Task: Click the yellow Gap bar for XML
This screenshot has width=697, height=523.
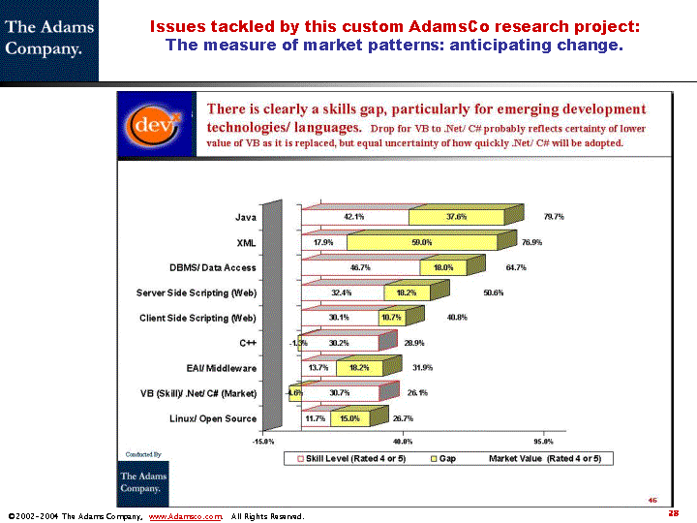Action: (421, 242)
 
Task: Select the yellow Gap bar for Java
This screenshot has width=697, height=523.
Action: (455, 217)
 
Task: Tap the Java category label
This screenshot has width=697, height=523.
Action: (246, 217)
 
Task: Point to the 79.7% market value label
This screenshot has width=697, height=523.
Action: (554, 217)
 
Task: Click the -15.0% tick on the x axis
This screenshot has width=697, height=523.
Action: (263, 442)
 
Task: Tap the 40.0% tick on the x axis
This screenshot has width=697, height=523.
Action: (404, 442)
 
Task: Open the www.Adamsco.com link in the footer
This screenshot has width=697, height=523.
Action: (185, 516)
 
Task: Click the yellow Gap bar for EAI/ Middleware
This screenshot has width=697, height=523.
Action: (359, 368)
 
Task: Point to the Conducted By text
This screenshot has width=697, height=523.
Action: (143, 453)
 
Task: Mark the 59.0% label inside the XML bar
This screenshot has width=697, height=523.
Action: (422, 242)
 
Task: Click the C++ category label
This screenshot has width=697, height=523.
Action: (248, 343)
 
